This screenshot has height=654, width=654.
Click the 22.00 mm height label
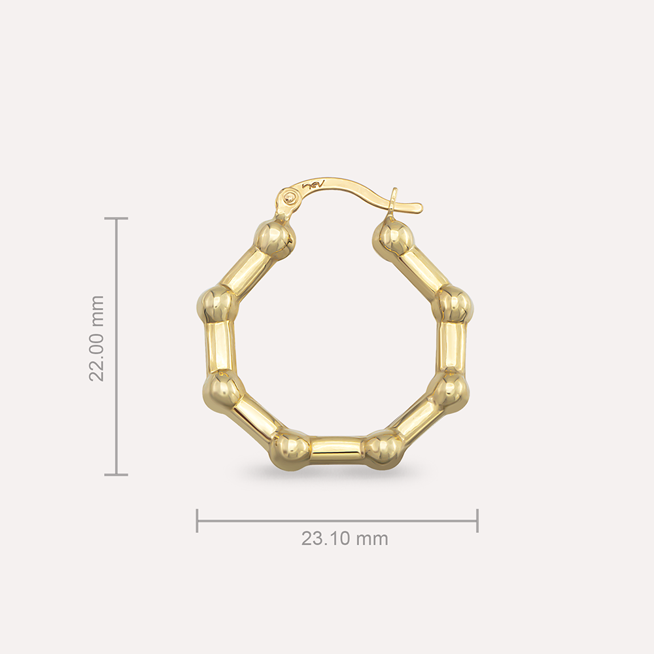click(97, 338)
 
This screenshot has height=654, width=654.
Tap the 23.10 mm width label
click(345, 539)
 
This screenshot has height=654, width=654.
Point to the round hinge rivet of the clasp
click(290, 196)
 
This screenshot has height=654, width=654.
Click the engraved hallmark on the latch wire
click(315, 186)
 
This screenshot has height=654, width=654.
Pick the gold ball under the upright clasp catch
click(394, 240)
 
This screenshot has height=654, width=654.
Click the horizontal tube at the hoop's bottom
click(336, 450)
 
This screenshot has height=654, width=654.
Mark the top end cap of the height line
click(116, 218)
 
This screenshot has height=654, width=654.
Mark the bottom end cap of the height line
click(116, 474)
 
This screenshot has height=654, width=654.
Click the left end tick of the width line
click(197, 521)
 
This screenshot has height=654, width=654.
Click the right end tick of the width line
click(477, 521)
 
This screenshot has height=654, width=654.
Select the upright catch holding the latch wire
click(393, 203)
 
